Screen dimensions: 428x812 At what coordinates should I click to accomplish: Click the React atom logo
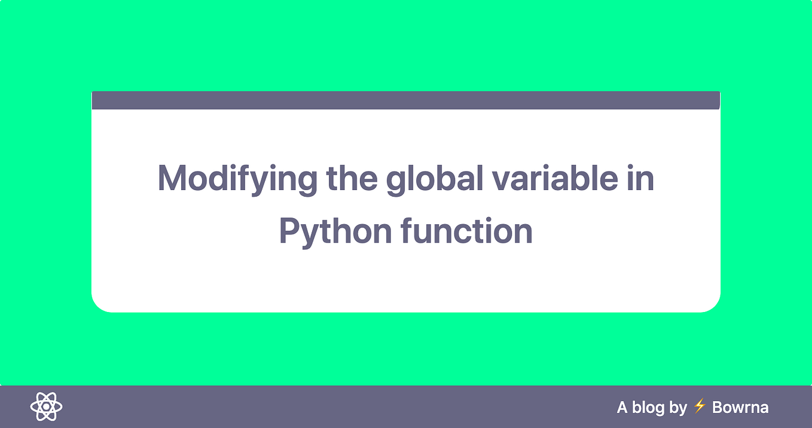coord(46,407)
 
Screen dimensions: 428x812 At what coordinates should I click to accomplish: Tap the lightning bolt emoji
coord(700,407)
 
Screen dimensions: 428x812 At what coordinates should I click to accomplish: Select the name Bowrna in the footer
coord(740,408)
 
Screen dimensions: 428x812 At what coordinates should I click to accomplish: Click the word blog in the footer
coord(648,408)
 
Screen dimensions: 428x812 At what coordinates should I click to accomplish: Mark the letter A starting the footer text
coord(622,408)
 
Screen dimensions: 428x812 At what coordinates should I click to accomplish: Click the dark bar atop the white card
coord(405,100)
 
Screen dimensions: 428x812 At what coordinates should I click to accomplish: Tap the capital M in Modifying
coord(170,178)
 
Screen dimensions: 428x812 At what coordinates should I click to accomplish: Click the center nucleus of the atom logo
coord(46,407)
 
